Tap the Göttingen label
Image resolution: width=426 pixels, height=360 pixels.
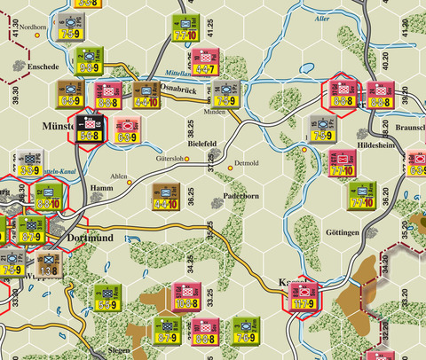coord(343,232)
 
